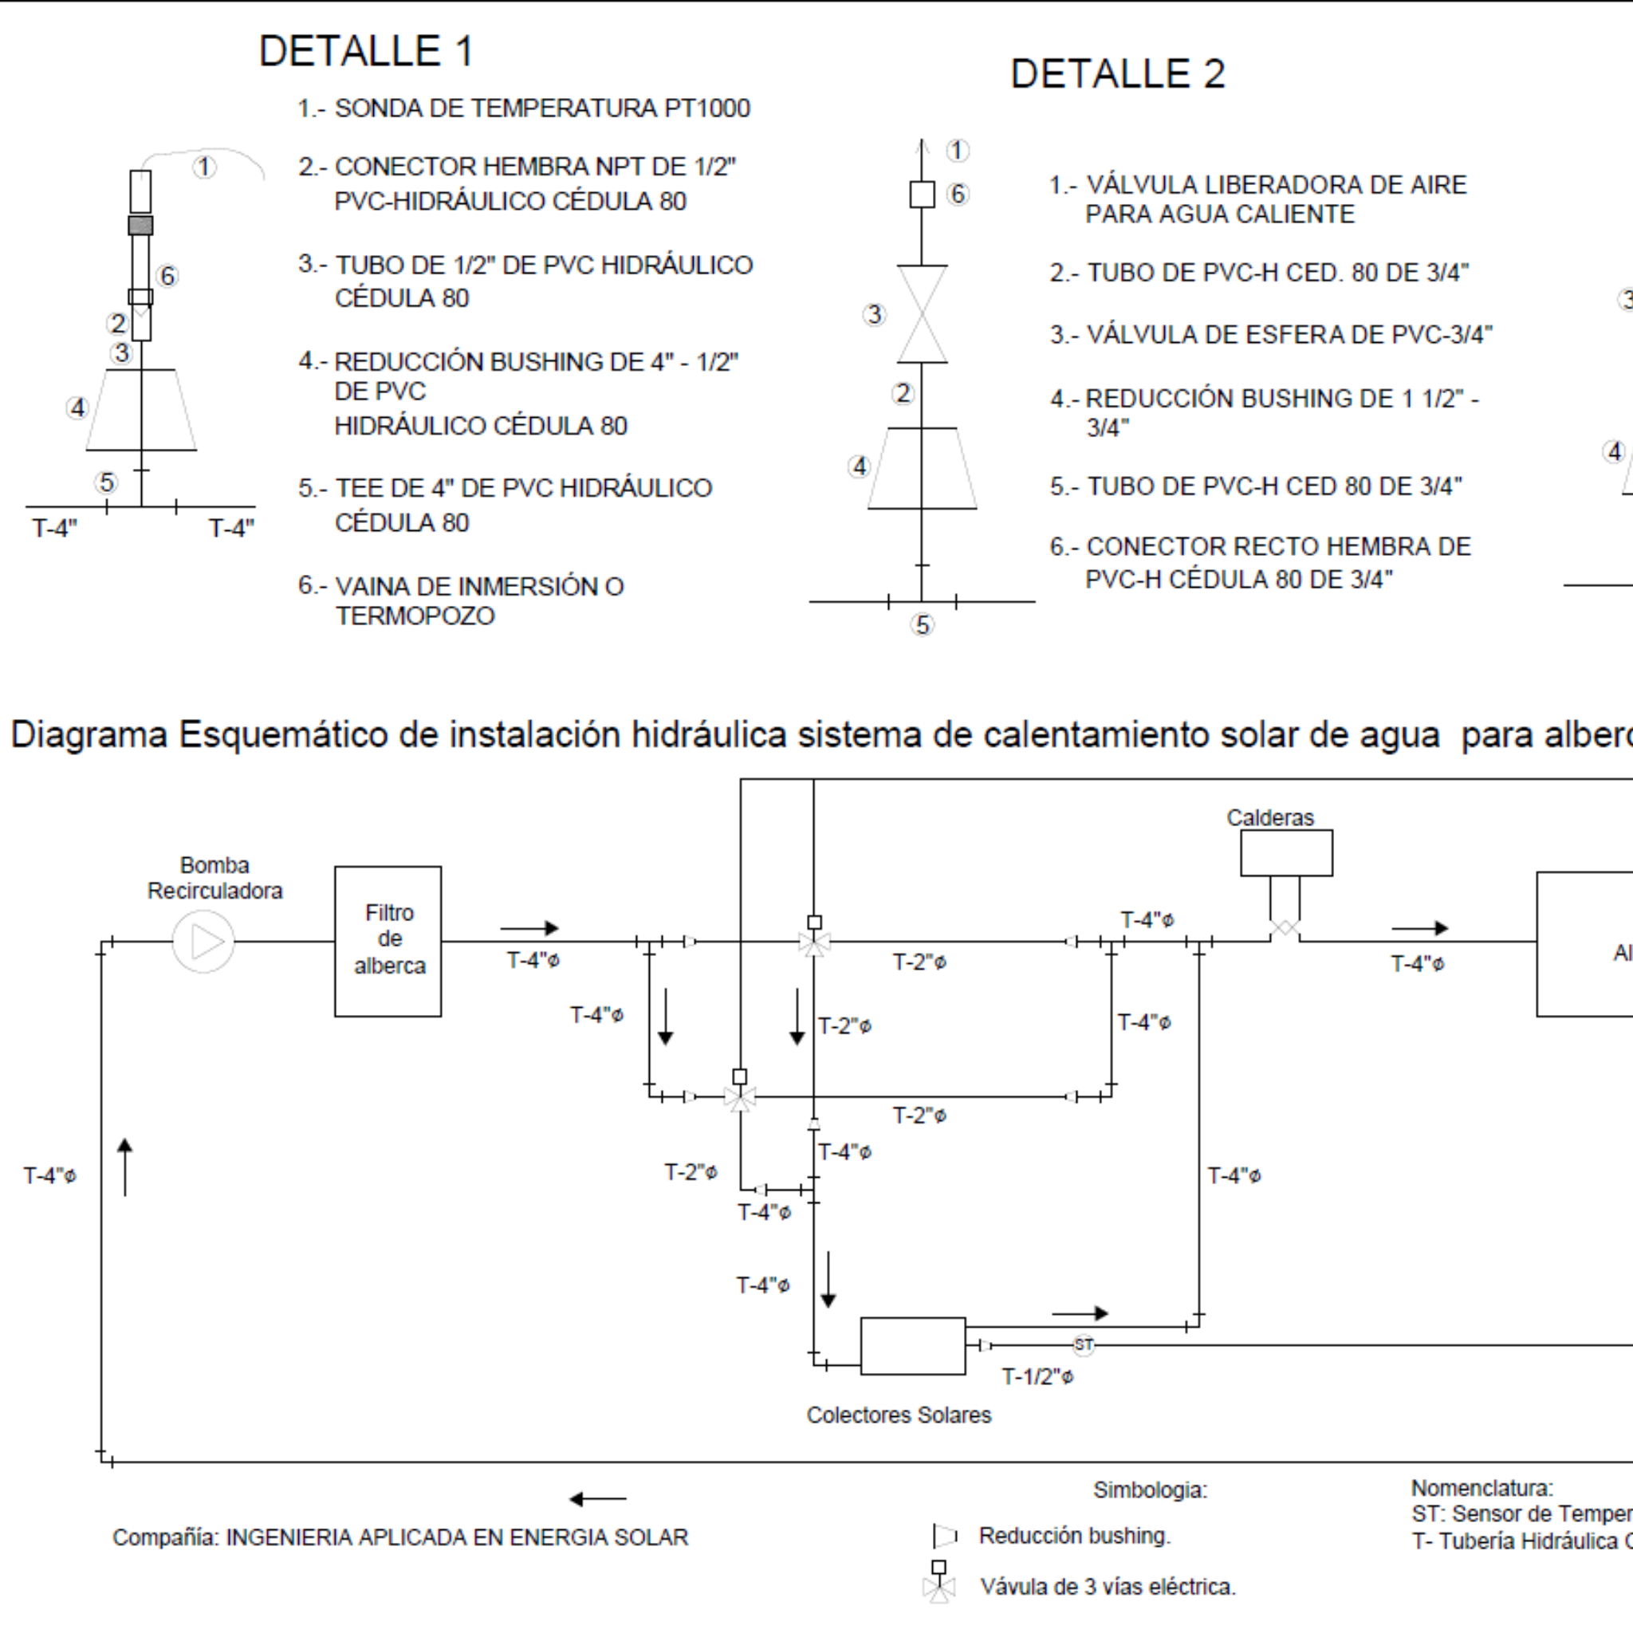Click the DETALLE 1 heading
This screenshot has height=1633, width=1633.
pyautogui.click(x=365, y=51)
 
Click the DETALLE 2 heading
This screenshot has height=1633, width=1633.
pyautogui.click(x=1116, y=74)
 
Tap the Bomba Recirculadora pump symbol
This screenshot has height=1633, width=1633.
pyautogui.click(x=203, y=942)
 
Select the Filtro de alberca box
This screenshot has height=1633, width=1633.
pyautogui.click(x=388, y=941)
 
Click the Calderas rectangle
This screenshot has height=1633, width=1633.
pyautogui.click(x=1285, y=853)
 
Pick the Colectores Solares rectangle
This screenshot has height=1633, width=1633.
pyautogui.click(x=912, y=1346)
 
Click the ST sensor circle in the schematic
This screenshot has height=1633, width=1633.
pyautogui.click(x=1084, y=1345)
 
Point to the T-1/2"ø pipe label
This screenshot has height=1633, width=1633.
pyautogui.click(x=1037, y=1377)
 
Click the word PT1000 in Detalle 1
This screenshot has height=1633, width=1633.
pyautogui.click(x=707, y=109)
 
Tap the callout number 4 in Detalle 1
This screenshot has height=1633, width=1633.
pyautogui.click(x=78, y=408)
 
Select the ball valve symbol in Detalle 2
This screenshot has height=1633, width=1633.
pyautogui.click(x=923, y=314)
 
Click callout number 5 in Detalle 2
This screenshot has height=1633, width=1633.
pyautogui.click(x=923, y=624)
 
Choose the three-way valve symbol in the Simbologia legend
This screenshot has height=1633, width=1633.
pyautogui.click(x=938, y=1582)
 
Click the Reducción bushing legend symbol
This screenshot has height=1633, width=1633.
pyautogui.click(x=944, y=1536)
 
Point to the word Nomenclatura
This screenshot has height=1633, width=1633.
pyautogui.click(x=1482, y=1489)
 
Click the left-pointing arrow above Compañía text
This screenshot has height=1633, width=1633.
pyautogui.click(x=597, y=1500)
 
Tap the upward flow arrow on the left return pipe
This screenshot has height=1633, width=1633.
pyautogui.click(x=125, y=1167)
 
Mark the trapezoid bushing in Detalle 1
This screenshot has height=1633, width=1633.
pyautogui.click(x=141, y=410)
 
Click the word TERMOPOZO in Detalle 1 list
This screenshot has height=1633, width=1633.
pyautogui.click(x=415, y=616)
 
